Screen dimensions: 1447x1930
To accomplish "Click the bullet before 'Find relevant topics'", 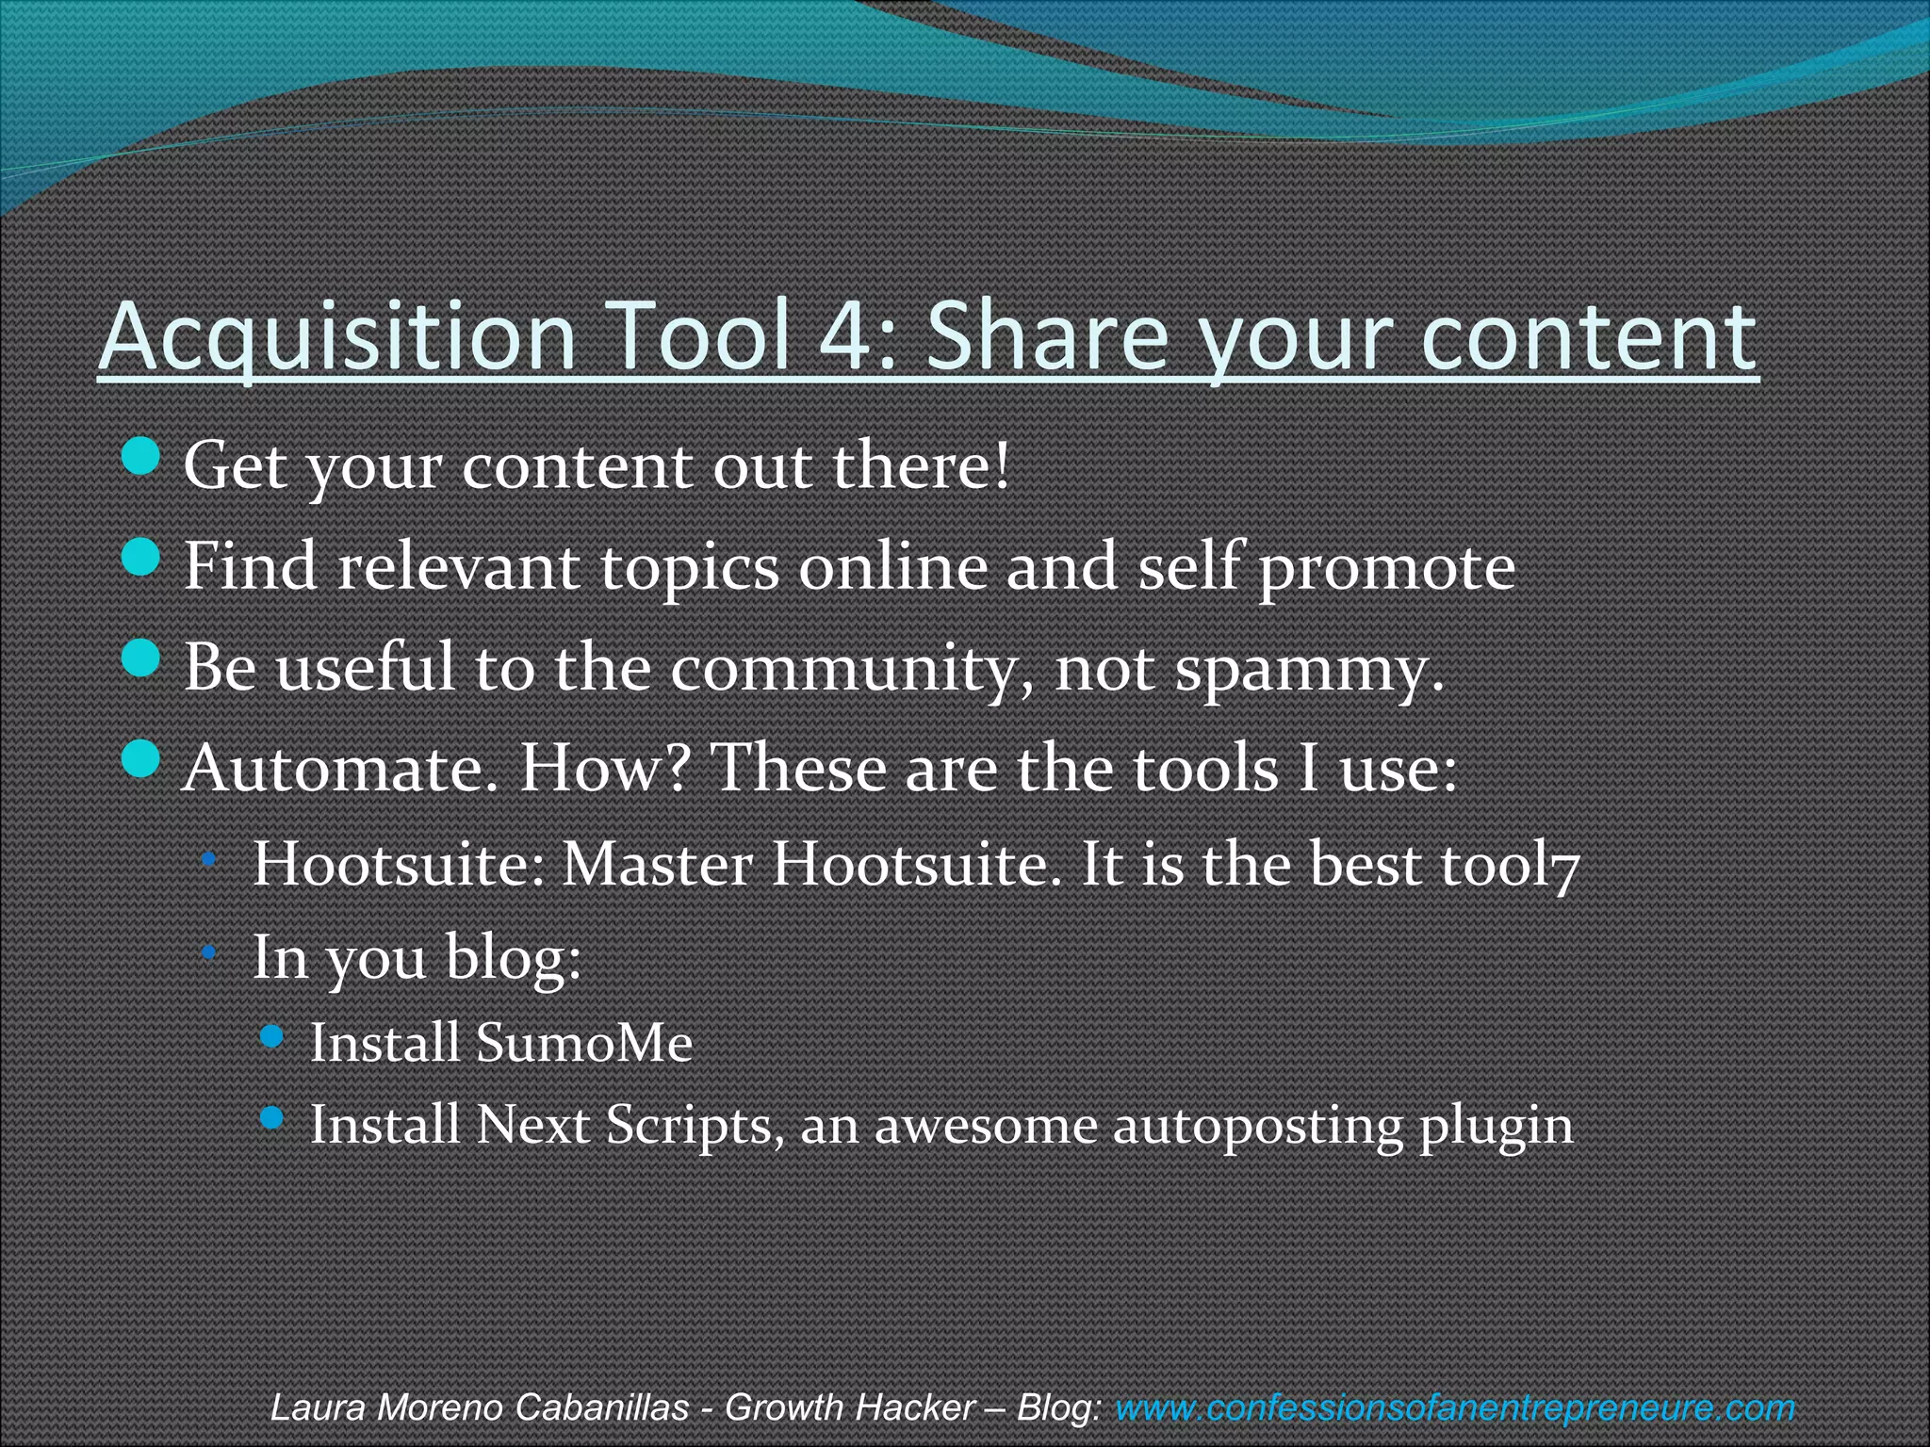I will (141, 558).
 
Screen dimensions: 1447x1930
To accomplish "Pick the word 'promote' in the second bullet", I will (1387, 568).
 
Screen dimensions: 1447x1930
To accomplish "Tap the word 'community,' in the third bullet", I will (852, 669).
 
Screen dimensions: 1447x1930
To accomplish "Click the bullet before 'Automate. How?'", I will (141, 759).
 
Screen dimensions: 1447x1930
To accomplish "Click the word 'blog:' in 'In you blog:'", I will (514, 958).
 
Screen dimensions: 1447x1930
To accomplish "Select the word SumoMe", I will (584, 1043).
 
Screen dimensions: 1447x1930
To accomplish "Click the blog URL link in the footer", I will (1455, 1407).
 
